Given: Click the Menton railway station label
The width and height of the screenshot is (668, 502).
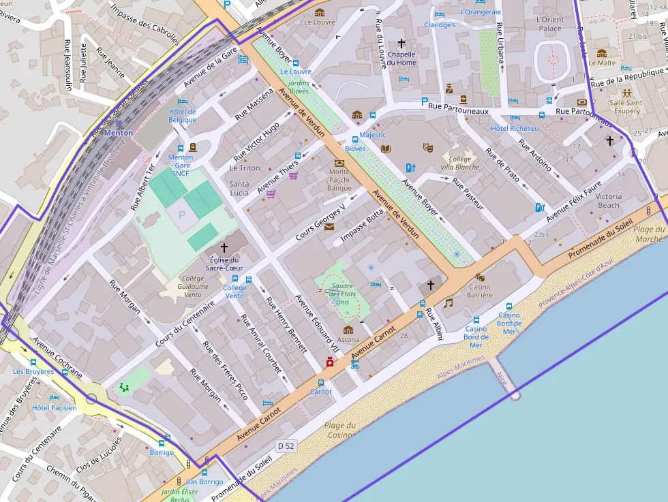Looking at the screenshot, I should (118, 133).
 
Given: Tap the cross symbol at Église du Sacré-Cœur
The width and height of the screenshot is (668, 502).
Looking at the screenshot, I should (224, 248).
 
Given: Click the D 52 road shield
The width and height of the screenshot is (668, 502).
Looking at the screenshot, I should (286, 445).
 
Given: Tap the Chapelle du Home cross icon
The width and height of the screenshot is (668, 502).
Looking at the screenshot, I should (401, 43).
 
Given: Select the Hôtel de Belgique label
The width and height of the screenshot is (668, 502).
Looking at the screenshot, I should (182, 116).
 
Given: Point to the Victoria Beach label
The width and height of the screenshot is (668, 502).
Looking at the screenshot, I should (609, 200).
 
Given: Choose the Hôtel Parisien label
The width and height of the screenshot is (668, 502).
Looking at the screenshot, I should (55, 408).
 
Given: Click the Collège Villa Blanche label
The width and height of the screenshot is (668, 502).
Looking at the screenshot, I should (460, 163).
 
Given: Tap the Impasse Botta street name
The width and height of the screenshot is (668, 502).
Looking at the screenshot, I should (362, 225).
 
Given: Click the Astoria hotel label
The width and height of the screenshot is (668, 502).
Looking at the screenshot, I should (348, 339).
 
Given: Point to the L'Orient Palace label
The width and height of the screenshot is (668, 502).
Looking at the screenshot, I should (550, 25).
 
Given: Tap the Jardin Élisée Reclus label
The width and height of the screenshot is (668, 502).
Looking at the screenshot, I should (180, 495).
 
